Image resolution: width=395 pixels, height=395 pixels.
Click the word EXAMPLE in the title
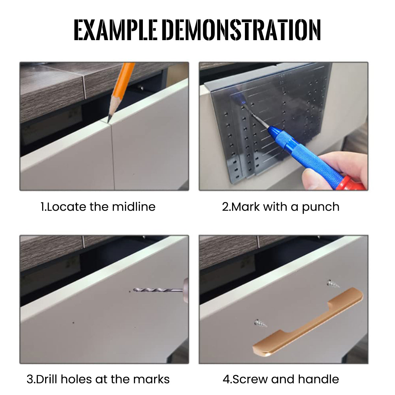[116, 30]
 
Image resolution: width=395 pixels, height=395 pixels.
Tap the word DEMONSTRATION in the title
[243, 30]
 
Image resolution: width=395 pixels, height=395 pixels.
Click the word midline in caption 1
[134, 207]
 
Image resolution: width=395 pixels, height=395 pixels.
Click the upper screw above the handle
[333, 284]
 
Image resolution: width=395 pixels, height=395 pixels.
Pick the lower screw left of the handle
[260, 323]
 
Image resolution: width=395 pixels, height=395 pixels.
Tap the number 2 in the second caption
[225, 207]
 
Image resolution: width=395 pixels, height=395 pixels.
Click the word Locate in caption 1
[66, 207]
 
